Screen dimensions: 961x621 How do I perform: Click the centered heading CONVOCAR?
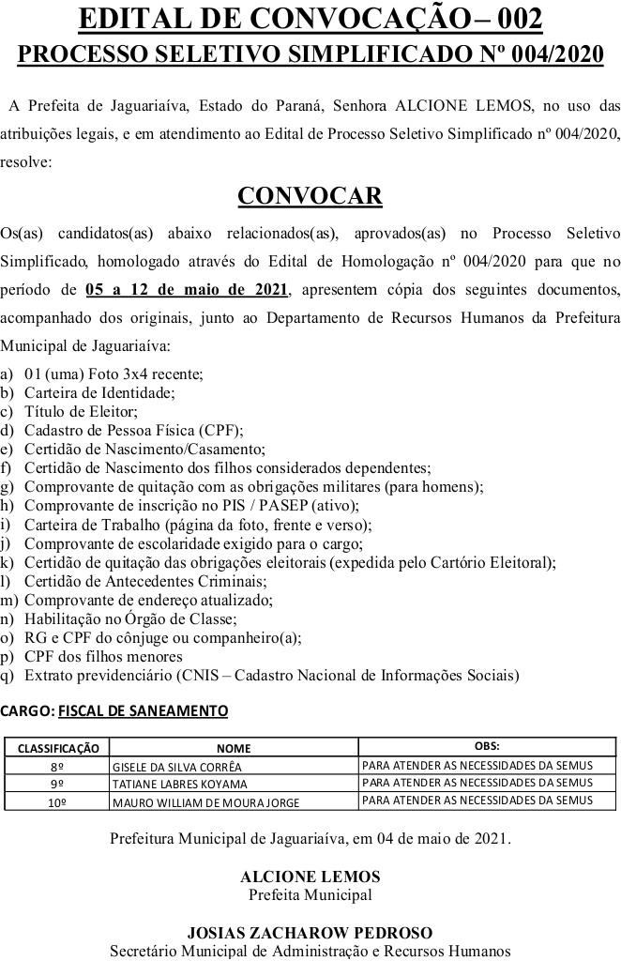pos(310,195)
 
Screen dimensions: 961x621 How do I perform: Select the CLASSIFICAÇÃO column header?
pos(58,748)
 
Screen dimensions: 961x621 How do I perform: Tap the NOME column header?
pos(234,748)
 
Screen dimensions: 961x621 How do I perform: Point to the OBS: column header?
pos(487,746)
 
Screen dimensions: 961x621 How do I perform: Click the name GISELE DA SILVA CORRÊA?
pos(176,766)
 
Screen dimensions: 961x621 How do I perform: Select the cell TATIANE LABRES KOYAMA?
pos(179,784)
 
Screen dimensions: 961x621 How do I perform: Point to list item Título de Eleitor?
pos(81,411)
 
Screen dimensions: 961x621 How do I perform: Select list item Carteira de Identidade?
pos(99,392)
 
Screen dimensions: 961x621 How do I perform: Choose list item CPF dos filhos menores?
pos(103,656)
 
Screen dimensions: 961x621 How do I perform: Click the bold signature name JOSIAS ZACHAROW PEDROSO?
pos(310,933)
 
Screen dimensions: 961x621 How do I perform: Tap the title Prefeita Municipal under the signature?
pos(310,894)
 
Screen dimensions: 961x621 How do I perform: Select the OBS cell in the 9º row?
pos(477,783)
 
